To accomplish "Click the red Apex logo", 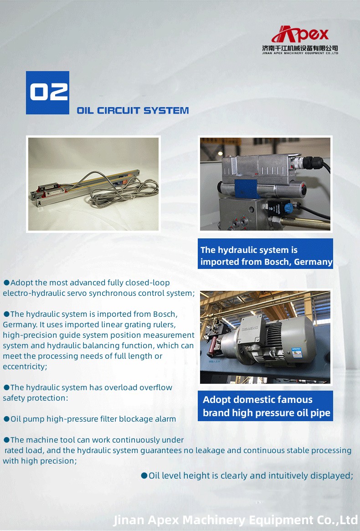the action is (x=300, y=34).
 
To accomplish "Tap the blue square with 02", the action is (x=47, y=93).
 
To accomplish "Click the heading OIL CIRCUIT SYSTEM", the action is (x=133, y=110).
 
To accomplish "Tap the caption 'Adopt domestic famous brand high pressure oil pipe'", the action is (x=266, y=406).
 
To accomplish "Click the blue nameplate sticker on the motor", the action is (x=297, y=352).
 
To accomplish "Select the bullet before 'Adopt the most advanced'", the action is (x=6, y=283).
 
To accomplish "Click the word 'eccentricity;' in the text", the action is (x=25, y=366).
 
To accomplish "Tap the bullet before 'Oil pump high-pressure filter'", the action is (x=6, y=419).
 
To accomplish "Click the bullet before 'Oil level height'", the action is (x=144, y=476).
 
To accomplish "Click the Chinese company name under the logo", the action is (x=300, y=48).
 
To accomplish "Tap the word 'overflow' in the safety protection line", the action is (x=156, y=387).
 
